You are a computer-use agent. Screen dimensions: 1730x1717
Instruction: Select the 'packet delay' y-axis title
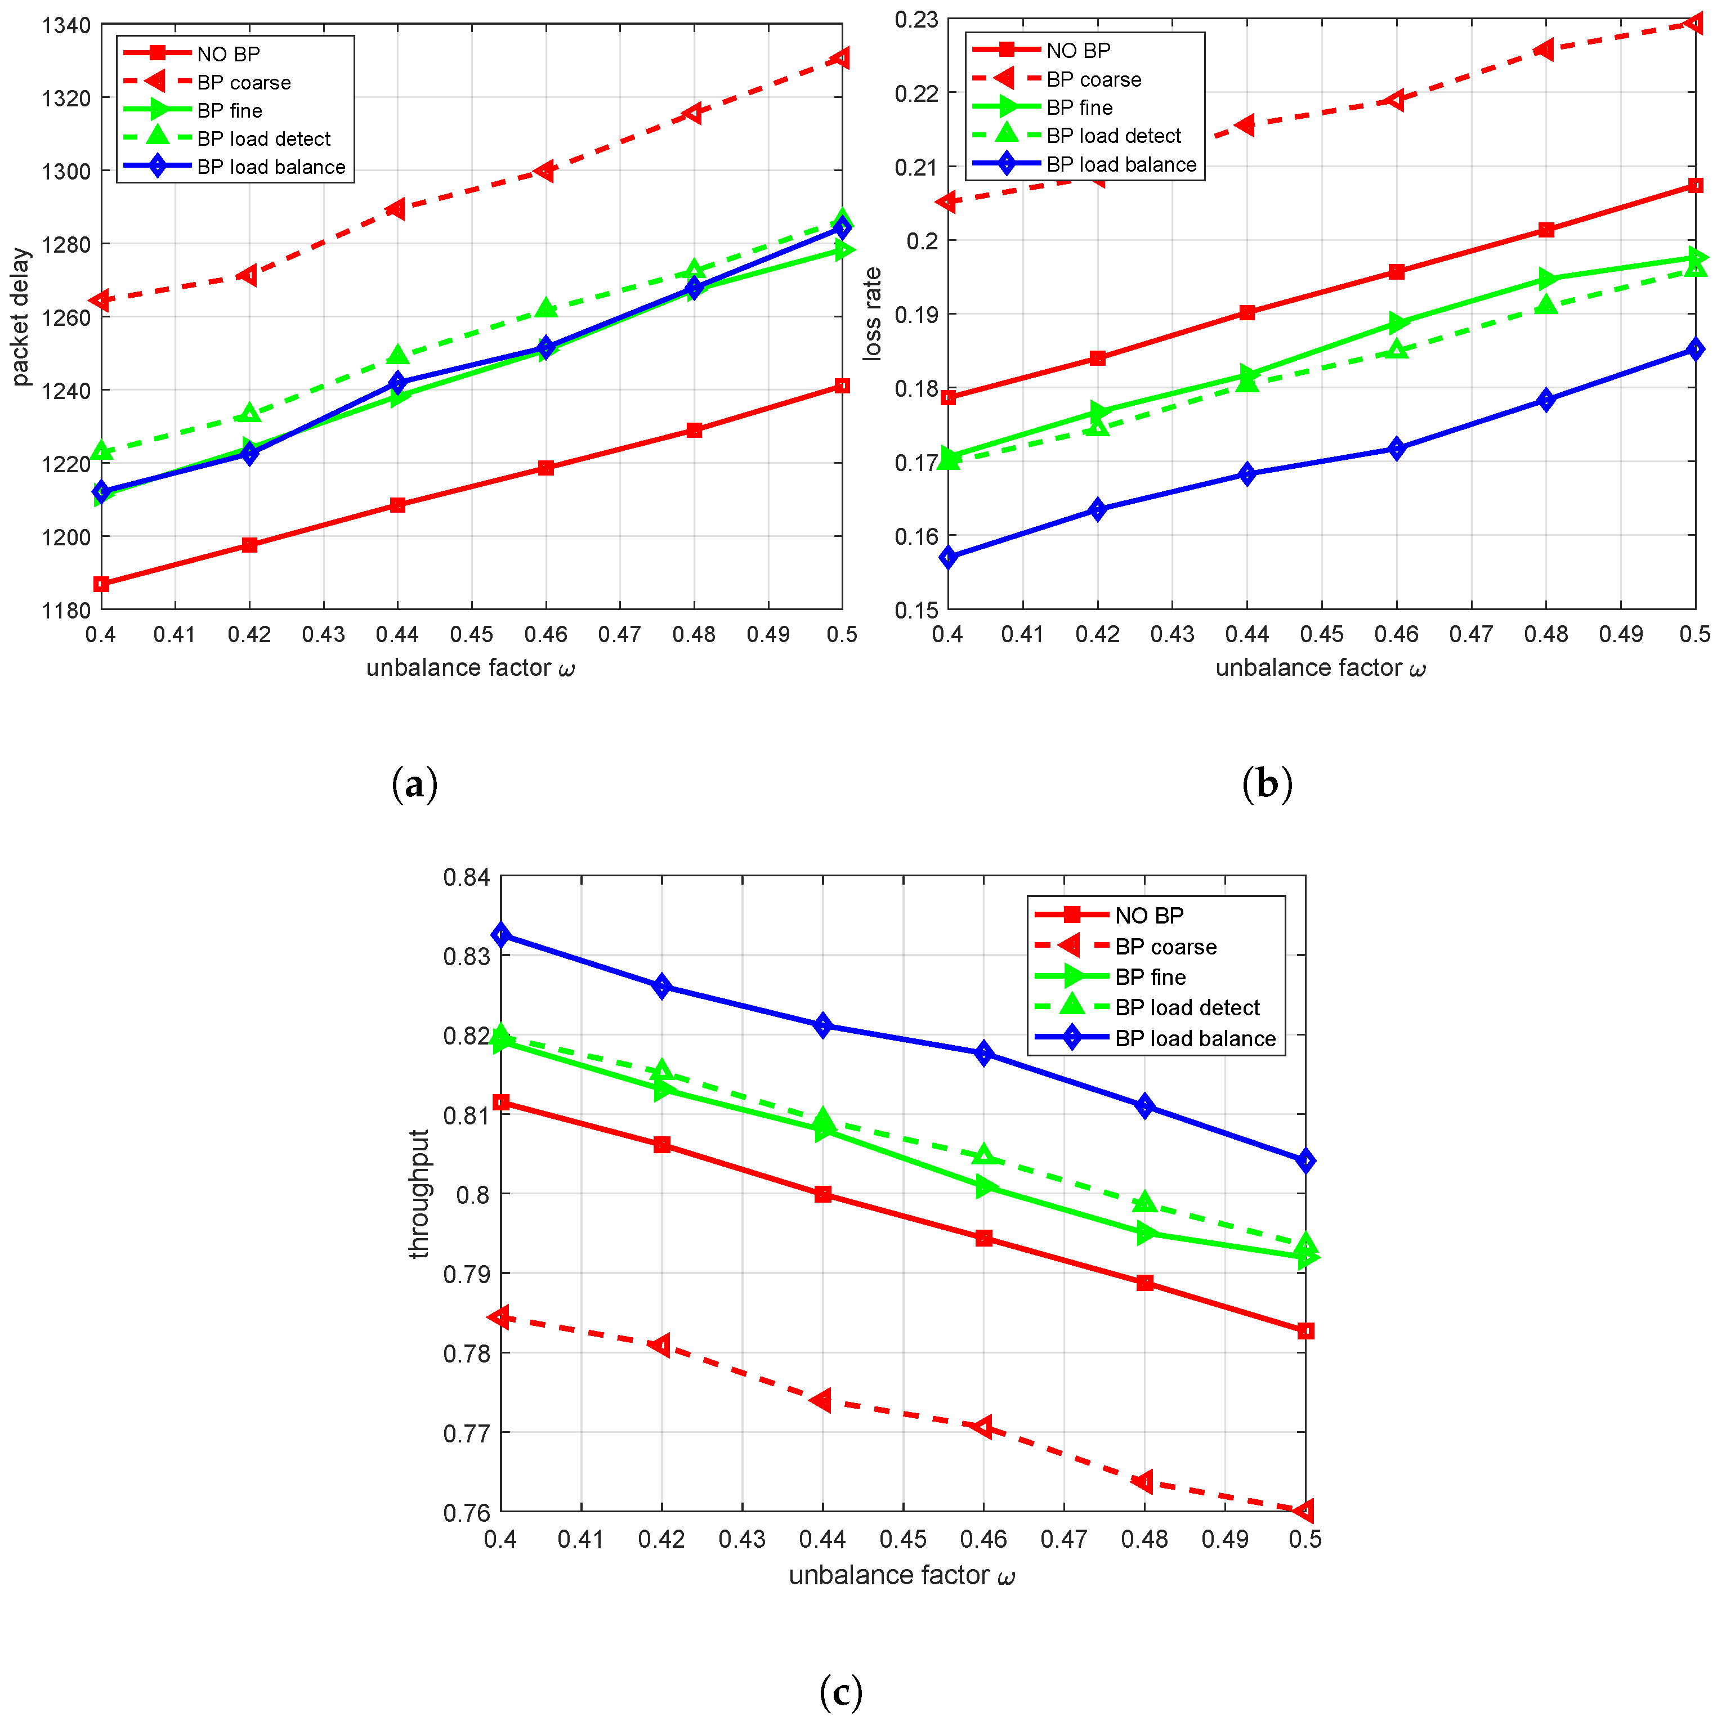pyautogui.click(x=21, y=317)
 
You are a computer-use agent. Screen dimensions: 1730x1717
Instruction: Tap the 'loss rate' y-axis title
pyautogui.click(x=871, y=313)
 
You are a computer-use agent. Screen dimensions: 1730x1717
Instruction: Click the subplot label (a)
pyautogui.click(x=415, y=785)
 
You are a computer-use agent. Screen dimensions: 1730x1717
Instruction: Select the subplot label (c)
pyautogui.click(x=840, y=1692)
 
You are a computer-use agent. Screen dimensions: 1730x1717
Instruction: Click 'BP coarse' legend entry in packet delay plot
pyautogui.click(x=244, y=82)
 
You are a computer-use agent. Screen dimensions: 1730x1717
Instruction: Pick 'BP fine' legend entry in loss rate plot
pyautogui.click(x=1079, y=107)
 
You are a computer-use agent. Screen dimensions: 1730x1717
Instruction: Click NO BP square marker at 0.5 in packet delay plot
pyautogui.click(x=841, y=386)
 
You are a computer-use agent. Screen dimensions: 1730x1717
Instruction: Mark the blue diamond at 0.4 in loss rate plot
pyautogui.click(x=949, y=557)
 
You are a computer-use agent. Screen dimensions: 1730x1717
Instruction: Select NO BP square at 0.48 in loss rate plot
pyautogui.click(x=1545, y=230)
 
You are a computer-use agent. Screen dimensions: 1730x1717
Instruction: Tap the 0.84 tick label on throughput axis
pyautogui.click(x=467, y=877)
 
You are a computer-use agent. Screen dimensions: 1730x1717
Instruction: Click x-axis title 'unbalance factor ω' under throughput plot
pyautogui.click(x=901, y=1575)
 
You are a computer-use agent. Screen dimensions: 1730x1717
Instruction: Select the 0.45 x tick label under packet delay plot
pyautogui.click(x=471, y=634)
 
